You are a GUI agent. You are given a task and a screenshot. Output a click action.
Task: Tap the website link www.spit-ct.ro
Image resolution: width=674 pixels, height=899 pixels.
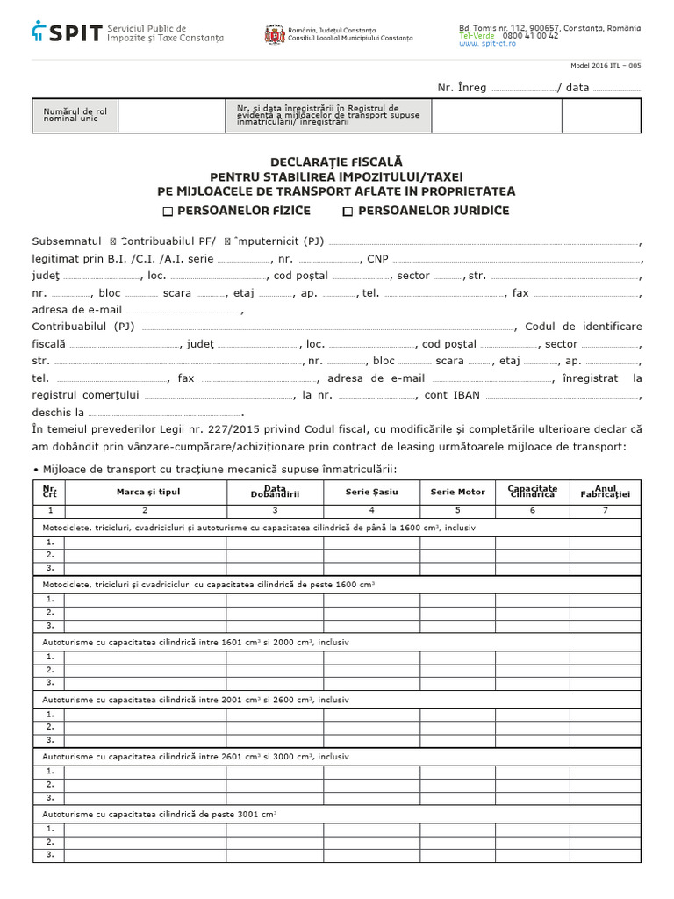(x=487, y=44)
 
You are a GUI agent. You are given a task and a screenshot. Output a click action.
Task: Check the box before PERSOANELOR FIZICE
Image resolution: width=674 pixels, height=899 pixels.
(x=168, y=212)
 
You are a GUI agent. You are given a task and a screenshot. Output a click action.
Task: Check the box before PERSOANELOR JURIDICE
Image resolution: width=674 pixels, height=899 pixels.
(x=348, y=212)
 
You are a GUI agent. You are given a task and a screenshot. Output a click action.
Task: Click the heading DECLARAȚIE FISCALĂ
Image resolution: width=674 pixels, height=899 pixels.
(x=336, y=162)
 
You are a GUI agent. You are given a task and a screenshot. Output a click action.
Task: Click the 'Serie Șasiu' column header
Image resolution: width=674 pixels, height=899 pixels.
(x=371, y=492)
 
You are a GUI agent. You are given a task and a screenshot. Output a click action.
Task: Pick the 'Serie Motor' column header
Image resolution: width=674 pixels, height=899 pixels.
(x=457, y=492)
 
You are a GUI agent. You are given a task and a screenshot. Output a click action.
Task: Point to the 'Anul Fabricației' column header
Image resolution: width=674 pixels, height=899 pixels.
(x=606, y=492)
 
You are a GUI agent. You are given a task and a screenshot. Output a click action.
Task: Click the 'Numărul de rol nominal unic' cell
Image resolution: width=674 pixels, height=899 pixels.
(x=75, y=115)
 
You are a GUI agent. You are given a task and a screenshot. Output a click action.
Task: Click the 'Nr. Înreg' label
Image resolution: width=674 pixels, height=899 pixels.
(x=462, y=88)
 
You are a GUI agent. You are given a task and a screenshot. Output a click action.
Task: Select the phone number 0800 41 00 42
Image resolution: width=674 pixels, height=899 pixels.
(x=530, y=36)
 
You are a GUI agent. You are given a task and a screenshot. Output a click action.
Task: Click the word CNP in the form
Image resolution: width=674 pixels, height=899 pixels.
(x=377, y=260)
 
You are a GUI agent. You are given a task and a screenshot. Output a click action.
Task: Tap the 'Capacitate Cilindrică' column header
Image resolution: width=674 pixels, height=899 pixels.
(x=532, y=492)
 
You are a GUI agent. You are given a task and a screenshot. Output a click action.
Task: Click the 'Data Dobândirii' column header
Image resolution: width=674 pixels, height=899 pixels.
(x=275, y=492)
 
